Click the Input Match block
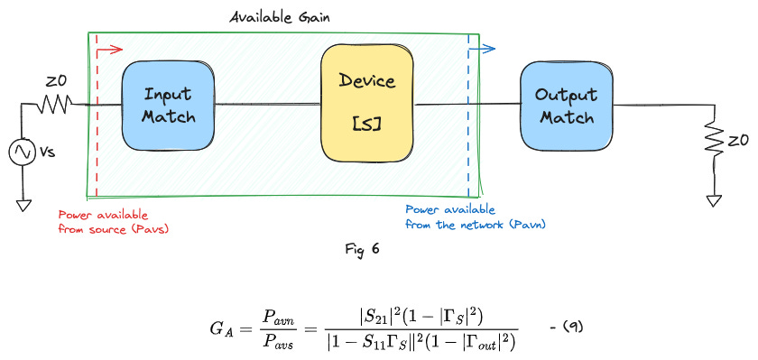click(168, 106)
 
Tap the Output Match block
click(565, 106)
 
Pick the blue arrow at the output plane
click(482, 49)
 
